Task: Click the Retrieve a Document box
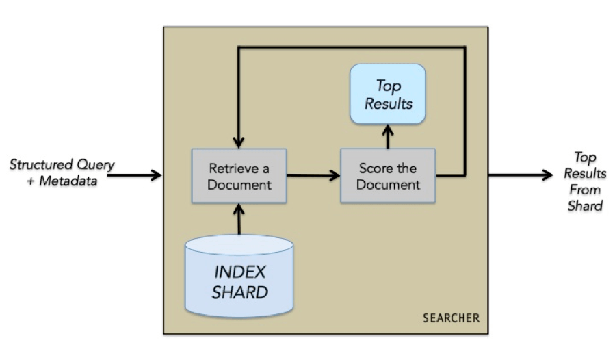239,176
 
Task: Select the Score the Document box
388,176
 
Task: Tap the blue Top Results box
388,94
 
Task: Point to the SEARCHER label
451,318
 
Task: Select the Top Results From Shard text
584,181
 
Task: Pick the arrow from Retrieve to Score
313,176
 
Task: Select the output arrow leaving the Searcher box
520,176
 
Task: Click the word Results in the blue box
388,104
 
